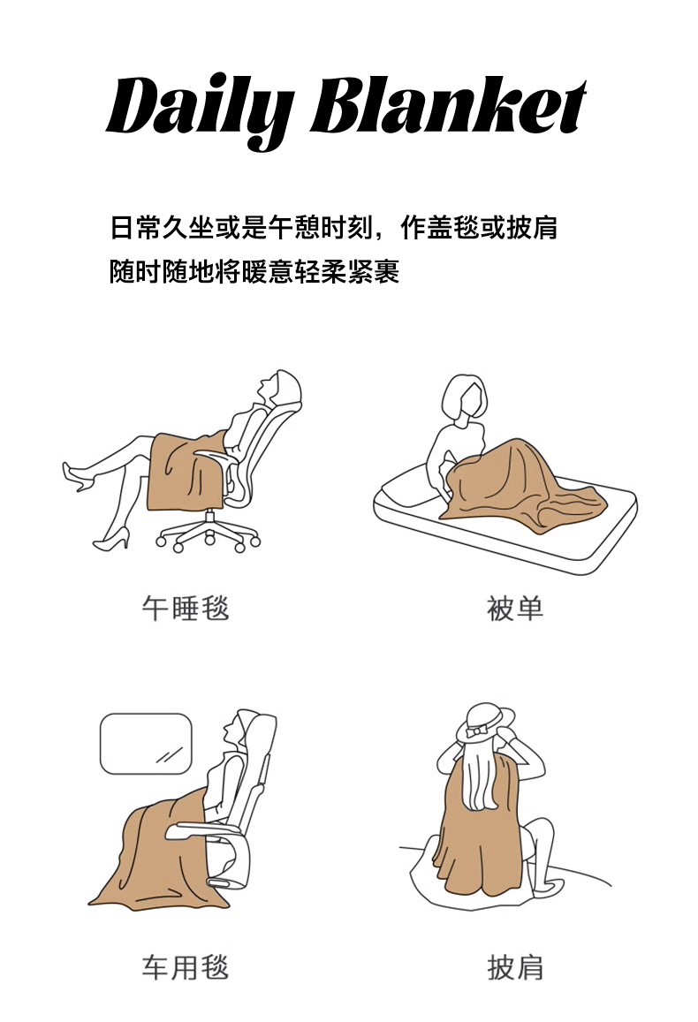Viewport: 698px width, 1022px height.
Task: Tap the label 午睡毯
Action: (186, 608)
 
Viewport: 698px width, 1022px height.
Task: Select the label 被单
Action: (515, 608)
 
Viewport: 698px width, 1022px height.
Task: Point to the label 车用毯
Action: (186, 966)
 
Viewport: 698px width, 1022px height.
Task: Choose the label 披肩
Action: (515, 966)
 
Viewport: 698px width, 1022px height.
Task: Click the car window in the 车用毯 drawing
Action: (146, 744)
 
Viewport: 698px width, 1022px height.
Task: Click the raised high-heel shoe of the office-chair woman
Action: (78, 475)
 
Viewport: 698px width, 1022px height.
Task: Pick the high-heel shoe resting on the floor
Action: (111, 540)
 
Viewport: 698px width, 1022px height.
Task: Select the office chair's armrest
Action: (212, 457)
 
